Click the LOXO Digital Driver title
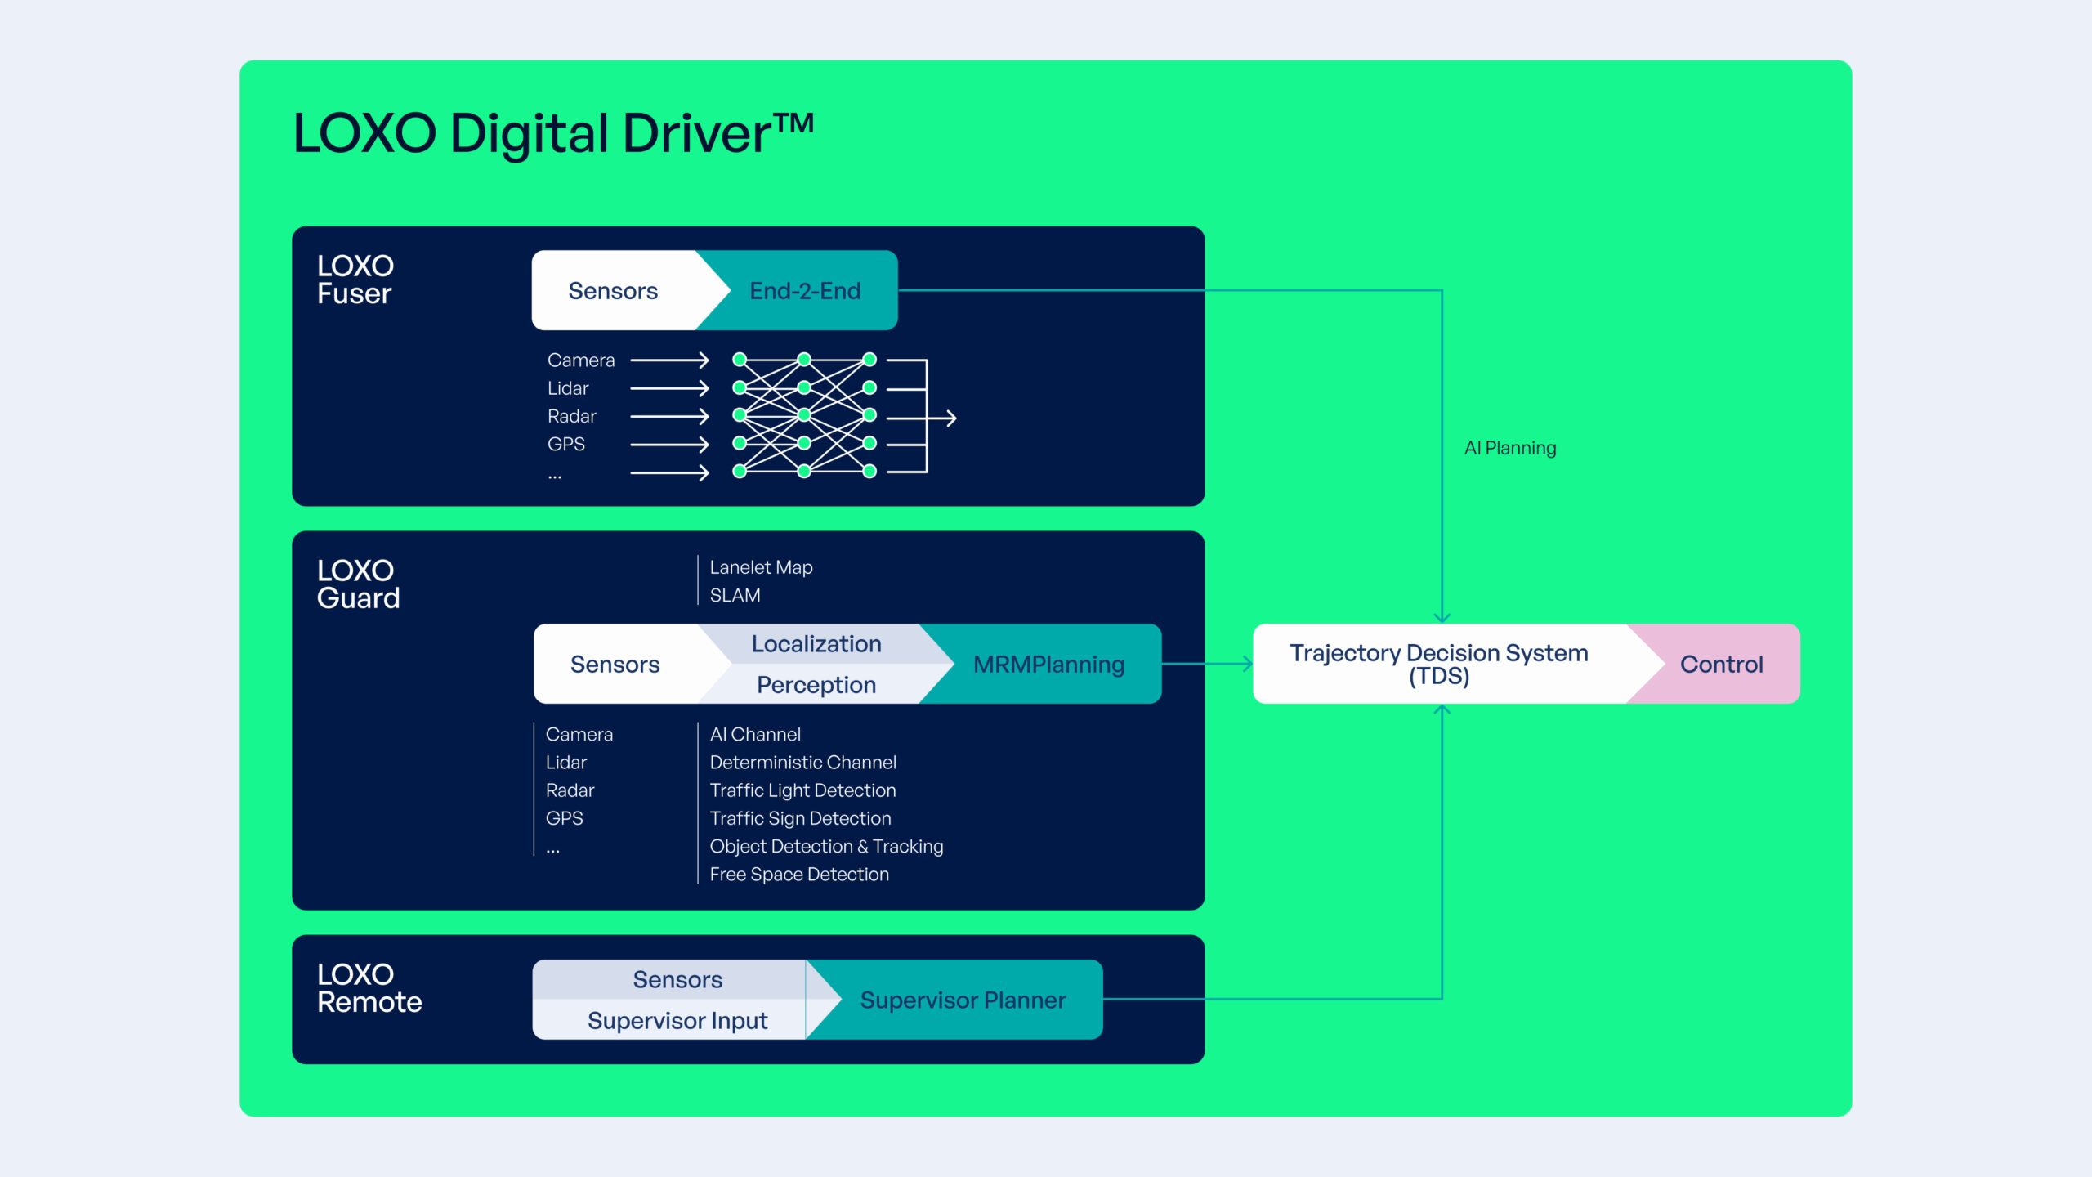[x=553, y=132]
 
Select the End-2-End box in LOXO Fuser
[x=805, y=290]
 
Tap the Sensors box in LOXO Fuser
[x=613, y=290]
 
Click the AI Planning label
[x=1510, y=448]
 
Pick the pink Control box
[x=1721, y=664]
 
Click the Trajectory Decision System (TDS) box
[x=1438, y=664]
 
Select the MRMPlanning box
[x=1048, y=664]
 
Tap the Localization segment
[x=816, y=643]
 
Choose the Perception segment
[x=816, y=684]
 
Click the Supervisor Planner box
[x=963, y=1000]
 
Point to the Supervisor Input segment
[x=677, y=1020]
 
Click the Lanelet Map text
[x=761, y=567]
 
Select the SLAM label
[x=735, y=595]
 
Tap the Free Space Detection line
[x=798, y=874]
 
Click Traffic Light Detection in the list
[x=802, y=790]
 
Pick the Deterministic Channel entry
[x=802, y=762]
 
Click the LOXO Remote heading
[x=369, y=987]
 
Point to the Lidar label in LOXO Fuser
[x=568, y=388]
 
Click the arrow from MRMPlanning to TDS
[x=1207, y=664]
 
